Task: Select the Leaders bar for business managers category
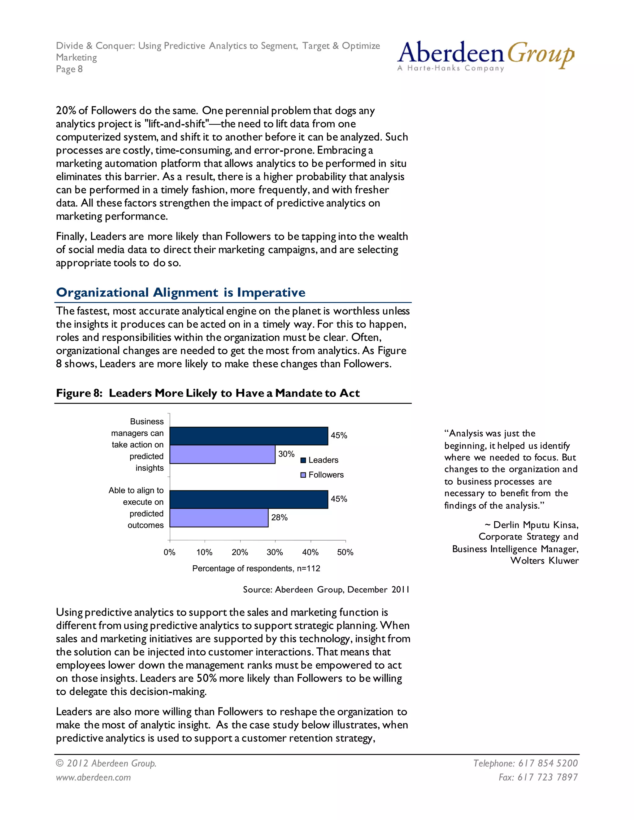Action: (249, 436)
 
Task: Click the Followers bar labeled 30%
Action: (222, 454)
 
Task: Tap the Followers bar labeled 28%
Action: (219, 518)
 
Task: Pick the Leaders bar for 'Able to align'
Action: (249, 499)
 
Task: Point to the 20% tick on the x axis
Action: (240, 552)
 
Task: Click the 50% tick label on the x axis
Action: (345, 552)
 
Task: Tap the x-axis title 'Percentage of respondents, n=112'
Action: (256, 568)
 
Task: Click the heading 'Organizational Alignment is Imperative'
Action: (181, 292)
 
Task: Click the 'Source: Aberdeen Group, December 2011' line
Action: (326, 589)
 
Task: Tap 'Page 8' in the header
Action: (69, 69)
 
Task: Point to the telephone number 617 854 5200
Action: (548, 763)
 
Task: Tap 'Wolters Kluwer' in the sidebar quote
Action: (544, 561)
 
